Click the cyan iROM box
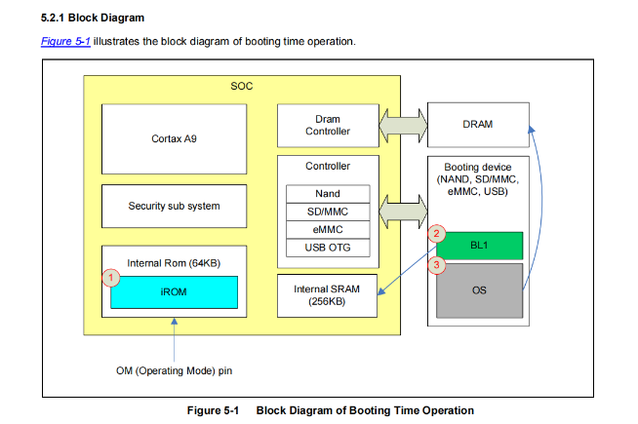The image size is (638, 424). click(174, 291)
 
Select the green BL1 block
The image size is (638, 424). click(479, 246)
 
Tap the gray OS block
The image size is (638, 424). click(479, 289)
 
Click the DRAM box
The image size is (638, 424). click(479, 124)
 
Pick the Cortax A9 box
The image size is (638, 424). click(173, 139)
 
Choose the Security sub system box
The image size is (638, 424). click(173, 206)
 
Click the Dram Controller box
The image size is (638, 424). click(327, 125)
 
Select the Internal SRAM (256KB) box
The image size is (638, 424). click(327, 295)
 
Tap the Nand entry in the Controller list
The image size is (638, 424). click(328, 194)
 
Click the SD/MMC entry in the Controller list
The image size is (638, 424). click(328, 212)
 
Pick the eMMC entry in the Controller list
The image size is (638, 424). click(328, 229)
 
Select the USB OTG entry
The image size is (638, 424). click(328, 247)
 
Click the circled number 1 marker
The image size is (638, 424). click(111, 278)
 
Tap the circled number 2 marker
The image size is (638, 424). click(436, 234)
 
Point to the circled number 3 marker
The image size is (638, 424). click(437, 263)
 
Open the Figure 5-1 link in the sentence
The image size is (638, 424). click(66, 42)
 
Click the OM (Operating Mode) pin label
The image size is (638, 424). click(174, 370)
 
